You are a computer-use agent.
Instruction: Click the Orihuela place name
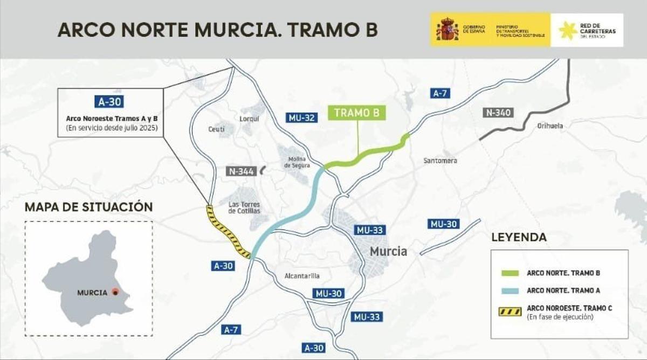click(x=550, y=126)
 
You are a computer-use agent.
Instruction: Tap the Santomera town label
click(x=440, y=161)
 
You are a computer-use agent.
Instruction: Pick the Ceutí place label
click(x=216, y=129)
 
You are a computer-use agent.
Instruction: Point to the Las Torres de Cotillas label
click(x=244, y=207)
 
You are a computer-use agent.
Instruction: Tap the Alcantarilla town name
click(x=302, y=276)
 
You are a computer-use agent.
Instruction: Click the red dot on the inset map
click(x=115, y=292)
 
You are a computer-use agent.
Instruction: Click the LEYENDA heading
click(x=519, y=237)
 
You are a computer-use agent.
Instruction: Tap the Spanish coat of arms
click(x=447, y=30)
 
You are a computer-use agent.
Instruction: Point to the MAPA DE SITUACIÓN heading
click(x=89, y=207)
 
